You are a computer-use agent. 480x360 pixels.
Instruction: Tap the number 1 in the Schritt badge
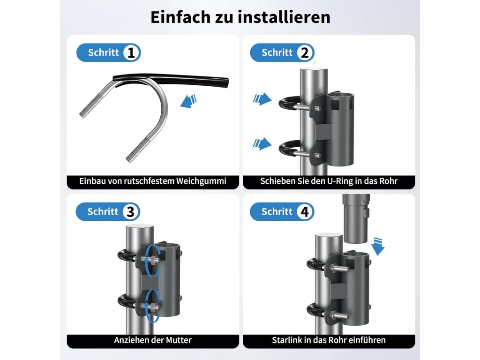(x=132, y=52)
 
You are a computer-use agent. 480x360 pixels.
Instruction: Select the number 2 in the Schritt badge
(x=305, y=52)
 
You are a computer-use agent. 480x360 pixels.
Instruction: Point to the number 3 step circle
(x=131, y=211)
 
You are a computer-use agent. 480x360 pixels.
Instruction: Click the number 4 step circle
(x=305, y=211)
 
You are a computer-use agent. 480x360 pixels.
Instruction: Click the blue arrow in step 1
(x=188, y=101)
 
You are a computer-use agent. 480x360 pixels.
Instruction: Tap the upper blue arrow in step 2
(x=262, y=99)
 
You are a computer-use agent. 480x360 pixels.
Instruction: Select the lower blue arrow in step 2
(x=262, y=143)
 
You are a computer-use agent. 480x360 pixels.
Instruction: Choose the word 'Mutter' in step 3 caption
(x=179, y=340)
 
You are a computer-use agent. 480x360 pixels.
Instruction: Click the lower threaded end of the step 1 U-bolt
(x=138, y=150)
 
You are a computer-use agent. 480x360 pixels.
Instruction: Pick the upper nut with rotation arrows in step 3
(x=150, y=261)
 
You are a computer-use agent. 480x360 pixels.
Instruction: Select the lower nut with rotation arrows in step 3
(x=150, y=307)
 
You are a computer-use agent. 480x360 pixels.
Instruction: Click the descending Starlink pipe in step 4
(x=356, y=218)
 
